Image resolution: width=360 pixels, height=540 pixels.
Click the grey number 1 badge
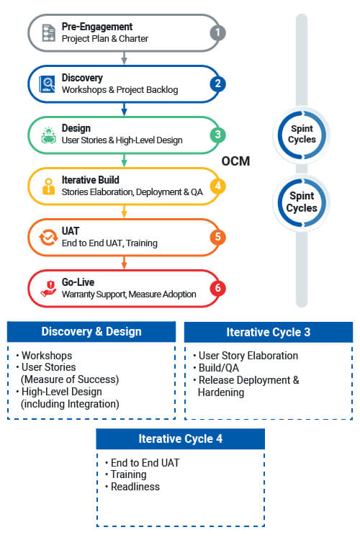[x=217, y=32]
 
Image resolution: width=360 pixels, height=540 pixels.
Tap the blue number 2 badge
[x=217, y=84]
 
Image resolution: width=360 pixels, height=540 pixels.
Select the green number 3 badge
[x=217, y=135]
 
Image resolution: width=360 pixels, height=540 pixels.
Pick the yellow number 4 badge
[x=217, y=186]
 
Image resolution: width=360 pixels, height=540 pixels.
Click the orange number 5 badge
[x=217, y=237]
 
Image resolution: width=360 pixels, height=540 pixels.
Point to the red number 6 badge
[x=217, y=288]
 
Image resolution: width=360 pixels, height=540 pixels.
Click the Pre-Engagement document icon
[x=48, y=32]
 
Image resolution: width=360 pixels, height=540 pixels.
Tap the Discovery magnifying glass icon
[x=48, y=84]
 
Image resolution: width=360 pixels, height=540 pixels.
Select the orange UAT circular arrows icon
[x=48, y=238]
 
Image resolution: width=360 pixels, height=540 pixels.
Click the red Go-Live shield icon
[x=48, y=289]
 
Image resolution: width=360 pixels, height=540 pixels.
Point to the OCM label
[x=235, y=161]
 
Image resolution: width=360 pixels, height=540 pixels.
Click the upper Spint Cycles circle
[x=302, y=135]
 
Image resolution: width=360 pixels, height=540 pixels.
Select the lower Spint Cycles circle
[x=302, y=202]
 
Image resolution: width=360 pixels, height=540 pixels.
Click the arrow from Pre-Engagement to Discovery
[x=125, y=58]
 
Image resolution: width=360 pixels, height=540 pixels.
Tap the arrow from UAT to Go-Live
[x=125, y=262]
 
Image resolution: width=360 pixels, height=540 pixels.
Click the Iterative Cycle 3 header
[x=269, y=332]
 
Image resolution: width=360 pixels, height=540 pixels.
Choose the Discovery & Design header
[x=91, y=331]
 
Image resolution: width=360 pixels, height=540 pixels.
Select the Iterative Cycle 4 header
[x=181, y=438]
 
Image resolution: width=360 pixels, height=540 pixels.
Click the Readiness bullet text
[x=135, y=487]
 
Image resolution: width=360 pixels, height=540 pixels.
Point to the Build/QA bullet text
[x=219, y=368]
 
